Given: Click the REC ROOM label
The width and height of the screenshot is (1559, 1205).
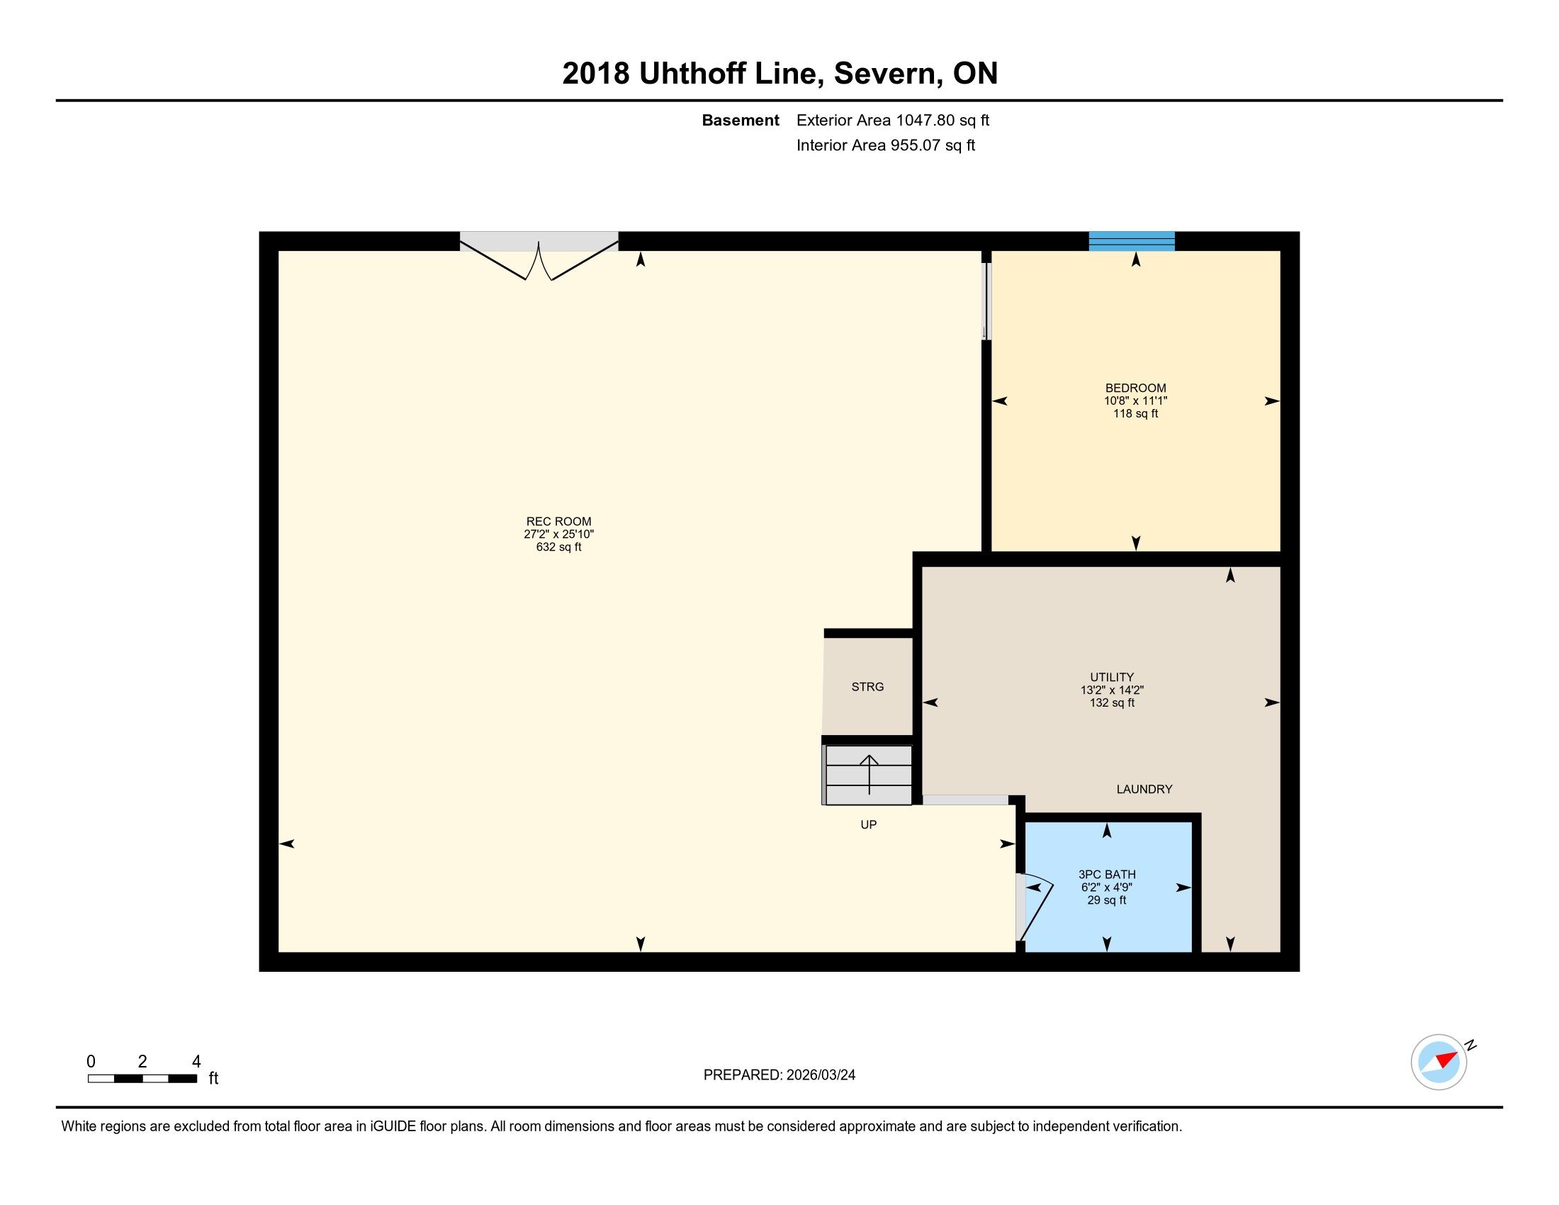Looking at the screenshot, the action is coord(559,522).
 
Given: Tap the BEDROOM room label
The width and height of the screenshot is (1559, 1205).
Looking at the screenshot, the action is coord(1136,388).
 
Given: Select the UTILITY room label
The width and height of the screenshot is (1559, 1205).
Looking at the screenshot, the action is coord(1112,678).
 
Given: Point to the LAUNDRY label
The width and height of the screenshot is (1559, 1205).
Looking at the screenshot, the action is coord(1144,790).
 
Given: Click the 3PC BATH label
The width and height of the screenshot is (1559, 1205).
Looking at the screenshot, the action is coord(1107,875).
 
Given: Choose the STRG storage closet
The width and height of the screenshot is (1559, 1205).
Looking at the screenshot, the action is coord(868,687).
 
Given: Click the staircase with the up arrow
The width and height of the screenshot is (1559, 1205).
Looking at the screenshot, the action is coord(868,775).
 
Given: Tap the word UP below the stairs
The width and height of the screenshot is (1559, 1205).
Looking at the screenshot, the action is coord(869,824).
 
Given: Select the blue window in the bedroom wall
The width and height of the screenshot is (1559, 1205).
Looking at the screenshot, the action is coord(1132,241).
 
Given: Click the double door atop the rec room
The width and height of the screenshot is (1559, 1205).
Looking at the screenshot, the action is coord(539,255).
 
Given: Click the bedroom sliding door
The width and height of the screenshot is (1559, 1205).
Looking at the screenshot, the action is coord(986,301).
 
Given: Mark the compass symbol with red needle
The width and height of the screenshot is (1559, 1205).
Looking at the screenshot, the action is coord(1439,1062).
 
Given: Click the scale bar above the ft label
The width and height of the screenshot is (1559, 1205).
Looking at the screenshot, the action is coord(142,1079).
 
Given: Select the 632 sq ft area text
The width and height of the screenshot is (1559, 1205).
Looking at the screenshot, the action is coord(559,547).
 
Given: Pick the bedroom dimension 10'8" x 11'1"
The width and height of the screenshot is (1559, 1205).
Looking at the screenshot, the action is coord(1136,401).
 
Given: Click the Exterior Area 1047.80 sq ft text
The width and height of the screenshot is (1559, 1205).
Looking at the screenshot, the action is coord(893,120).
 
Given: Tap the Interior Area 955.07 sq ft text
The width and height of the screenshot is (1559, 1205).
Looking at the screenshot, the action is coord(886,145).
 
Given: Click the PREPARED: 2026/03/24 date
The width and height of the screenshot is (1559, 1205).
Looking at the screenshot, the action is coord(779,1075).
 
